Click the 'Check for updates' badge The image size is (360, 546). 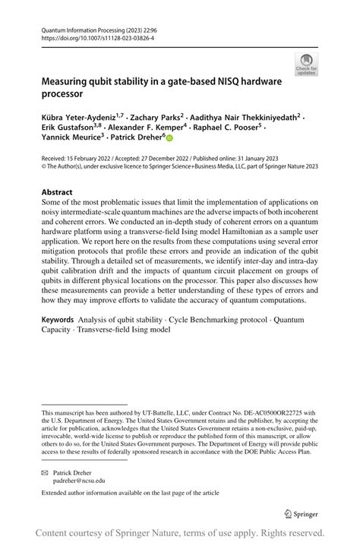coord(306,65)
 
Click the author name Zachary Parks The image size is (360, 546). coord(157,118)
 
